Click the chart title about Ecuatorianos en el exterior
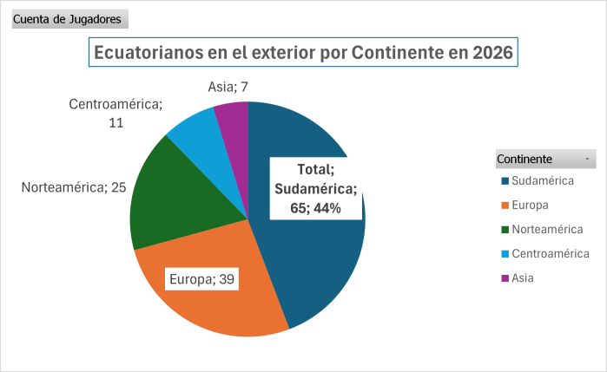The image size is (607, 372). coord(303,52)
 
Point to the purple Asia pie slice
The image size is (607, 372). coord(234,118)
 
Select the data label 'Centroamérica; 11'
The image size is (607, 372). coord(115,113)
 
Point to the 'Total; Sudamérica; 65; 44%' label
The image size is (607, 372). coord(315,188)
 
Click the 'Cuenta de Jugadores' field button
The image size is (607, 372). coord(69,19)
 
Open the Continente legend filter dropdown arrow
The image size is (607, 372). coord(588,160)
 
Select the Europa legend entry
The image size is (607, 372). coord(531,206)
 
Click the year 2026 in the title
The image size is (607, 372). coord(492,52)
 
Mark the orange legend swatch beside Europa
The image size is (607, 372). coord(505,206)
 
